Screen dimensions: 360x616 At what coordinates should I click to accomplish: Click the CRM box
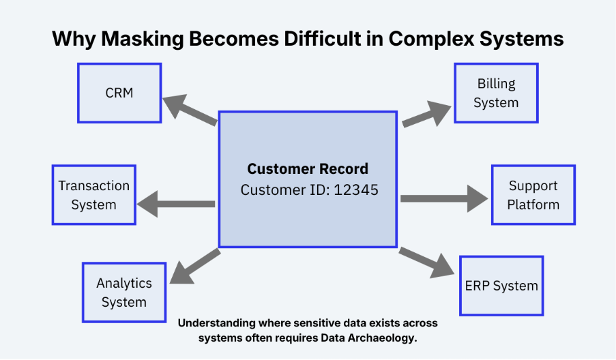click(x=119, y=93)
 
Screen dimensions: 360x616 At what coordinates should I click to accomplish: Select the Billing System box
click(x=496, y=93)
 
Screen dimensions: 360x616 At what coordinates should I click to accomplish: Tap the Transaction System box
click(x=93, y=195)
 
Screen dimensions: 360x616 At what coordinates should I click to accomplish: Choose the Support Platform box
click(x=533, y=195)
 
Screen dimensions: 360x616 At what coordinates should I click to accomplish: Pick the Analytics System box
click(x=124, y=292)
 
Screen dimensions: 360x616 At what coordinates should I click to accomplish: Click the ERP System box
click(x=501, y=286)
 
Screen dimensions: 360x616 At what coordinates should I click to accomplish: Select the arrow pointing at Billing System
click(x=426, y=114)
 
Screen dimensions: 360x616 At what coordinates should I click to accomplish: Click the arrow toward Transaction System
click(x=176, y=203)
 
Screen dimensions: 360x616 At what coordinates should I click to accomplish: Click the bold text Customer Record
click(x=308, y=169)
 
